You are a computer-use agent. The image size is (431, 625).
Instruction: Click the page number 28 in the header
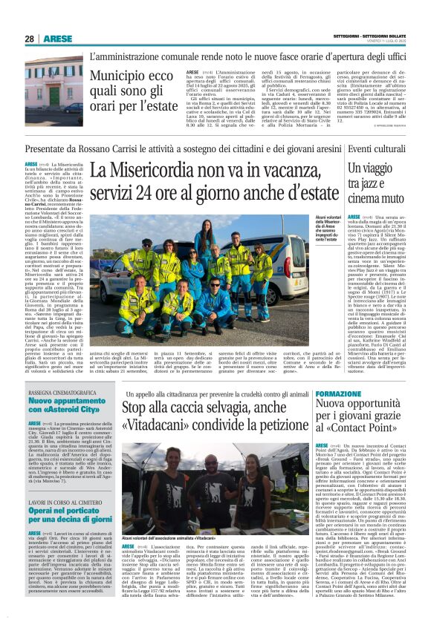[x=30, y=39]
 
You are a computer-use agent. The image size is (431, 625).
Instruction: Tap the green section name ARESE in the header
[x=58, y=39]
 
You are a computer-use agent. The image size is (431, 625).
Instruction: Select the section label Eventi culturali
[x=377, y=149]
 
